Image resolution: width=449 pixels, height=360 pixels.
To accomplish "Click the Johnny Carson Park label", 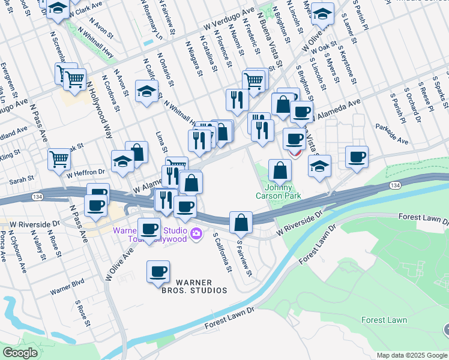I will coord(283,191).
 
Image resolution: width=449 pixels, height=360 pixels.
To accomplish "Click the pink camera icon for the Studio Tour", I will coord(196,233).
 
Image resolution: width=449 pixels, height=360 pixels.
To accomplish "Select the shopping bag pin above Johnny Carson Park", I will coord(280,170).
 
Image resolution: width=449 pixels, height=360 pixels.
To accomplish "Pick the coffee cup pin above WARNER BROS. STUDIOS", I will coord(158,271).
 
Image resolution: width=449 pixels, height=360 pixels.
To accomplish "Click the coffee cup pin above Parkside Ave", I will coord(357,156).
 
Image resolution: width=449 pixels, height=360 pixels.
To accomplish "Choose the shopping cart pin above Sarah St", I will coord(59,160).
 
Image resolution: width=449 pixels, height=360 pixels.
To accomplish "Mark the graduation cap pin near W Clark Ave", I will coord(58,8).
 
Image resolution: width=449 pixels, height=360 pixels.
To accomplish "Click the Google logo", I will coord(20,353).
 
